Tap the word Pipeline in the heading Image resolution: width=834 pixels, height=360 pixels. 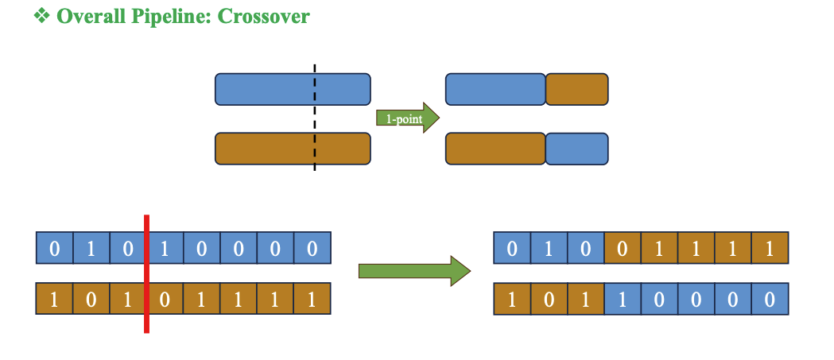(x=163, y=16)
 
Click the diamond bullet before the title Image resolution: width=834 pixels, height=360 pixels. (x=41, y=16)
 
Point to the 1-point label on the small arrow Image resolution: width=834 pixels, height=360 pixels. (x=402, y=118)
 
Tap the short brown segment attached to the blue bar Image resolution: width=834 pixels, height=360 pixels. (x=576, y=89)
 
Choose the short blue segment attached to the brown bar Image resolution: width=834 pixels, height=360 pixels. (x=576, y=149)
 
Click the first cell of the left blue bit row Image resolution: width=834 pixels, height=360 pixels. (x=54, y=248)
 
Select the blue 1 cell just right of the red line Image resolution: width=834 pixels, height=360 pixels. (x=165, y=248)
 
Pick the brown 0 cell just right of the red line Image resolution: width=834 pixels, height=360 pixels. (x=165, y=302)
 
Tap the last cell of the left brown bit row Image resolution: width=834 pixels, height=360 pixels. (x=312, y=302)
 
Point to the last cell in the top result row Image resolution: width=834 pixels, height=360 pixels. (x=770, y=248)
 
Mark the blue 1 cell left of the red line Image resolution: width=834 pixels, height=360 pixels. (x=91, y=248)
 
